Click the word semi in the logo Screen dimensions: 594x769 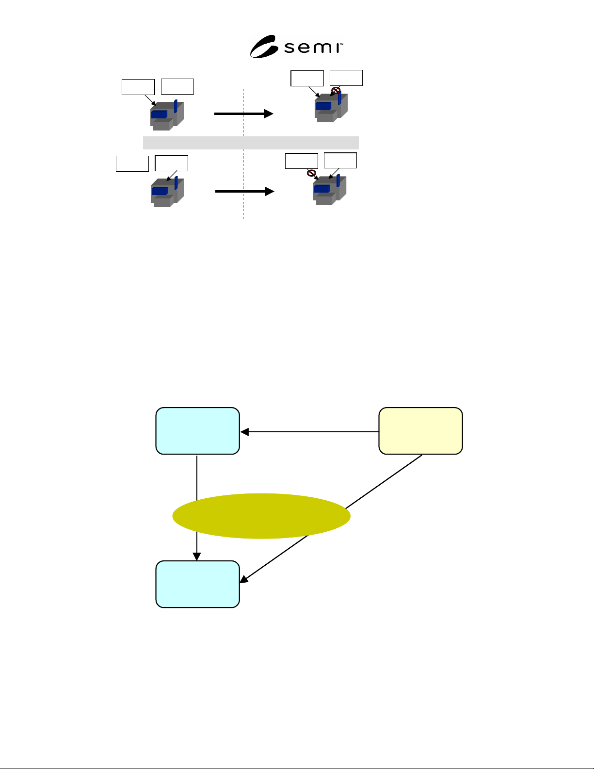[313, 48]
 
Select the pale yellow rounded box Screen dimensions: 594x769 [420, 431]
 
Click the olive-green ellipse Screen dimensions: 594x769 [261, 516]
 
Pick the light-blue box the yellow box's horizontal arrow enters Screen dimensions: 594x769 [198, 431]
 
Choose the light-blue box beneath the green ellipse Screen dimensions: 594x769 [198, 584]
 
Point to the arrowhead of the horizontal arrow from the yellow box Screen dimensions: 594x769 [245, 432]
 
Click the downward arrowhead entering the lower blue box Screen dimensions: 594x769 [196, 556]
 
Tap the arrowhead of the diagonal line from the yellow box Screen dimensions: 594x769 [244, 579]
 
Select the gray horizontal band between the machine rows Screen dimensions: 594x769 [251, 143]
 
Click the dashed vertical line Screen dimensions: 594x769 [243, 154]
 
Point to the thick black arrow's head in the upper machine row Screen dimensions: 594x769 [269, 114]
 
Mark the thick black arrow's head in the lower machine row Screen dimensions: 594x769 [270, 192]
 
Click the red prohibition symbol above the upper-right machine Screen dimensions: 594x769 [336, 91]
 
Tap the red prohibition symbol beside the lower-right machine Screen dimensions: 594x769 [311, 173]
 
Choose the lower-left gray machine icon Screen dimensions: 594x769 [167, 192]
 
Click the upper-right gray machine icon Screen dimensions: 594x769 [331, 107]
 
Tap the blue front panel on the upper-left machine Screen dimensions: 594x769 [159, 115]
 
